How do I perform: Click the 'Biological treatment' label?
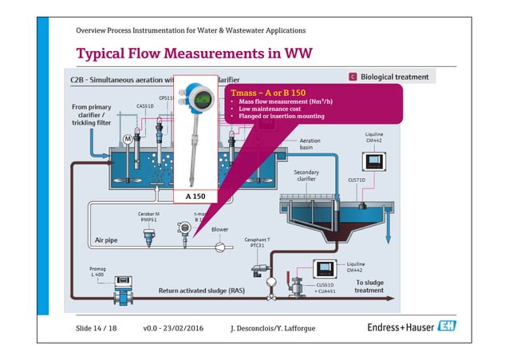(x=394, y=77)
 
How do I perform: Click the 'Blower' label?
(x=220, y=229)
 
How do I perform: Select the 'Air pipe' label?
(x=108, y=239)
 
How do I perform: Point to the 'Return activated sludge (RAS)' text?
(x=202, y=291)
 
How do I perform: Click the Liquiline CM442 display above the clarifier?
(x=373, y=161)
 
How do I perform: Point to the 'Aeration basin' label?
(x=310, y=144)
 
